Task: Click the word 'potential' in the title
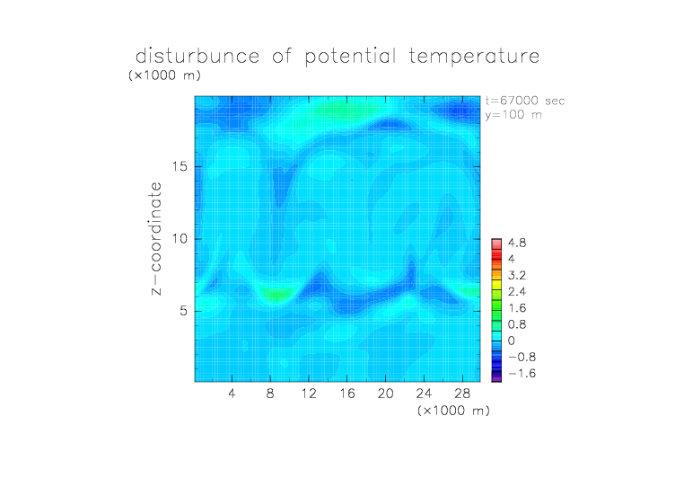pos(350,57)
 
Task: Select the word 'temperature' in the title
pos(474,56)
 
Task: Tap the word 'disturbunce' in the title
pos(197,56)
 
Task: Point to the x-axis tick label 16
pos(347,394)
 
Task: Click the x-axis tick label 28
pos(462,394)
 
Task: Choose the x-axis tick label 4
pos(232,394)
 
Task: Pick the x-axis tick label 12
pos(309,394)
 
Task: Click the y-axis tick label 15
pos(180,166)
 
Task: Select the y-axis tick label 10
pos(180,239)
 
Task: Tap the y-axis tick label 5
pos(184,311)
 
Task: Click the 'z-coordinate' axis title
pos(156,238)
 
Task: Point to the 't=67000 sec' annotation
pos(525,101)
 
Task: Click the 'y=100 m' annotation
pos(513,115)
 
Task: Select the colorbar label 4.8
pos(517,243)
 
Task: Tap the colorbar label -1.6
pos(522,373)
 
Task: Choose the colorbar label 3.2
pos(517,276)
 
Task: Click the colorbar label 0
pos(512,341)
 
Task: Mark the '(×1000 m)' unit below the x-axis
pos(453,411)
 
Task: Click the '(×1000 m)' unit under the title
pos(164,75)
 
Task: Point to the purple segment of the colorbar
pos(496,378)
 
